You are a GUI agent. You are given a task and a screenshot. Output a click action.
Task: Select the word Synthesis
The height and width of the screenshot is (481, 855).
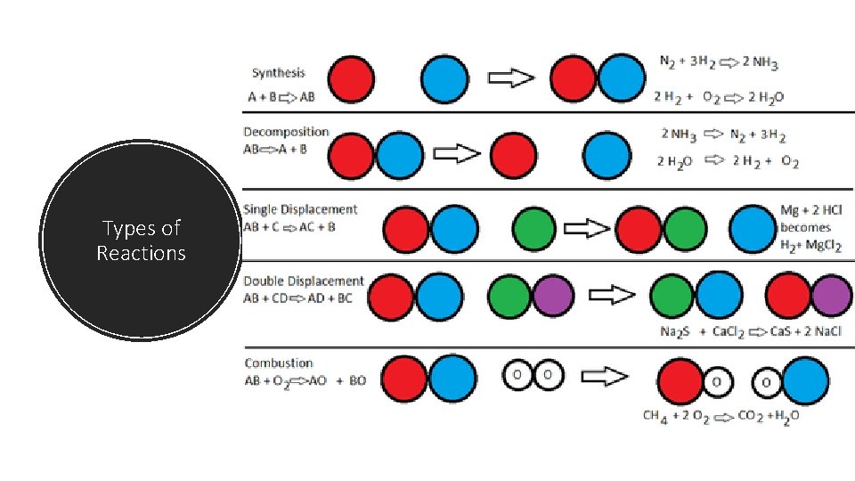(x=278, y=73)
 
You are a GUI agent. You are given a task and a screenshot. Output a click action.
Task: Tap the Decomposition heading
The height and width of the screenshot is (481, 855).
(x=286, y=133)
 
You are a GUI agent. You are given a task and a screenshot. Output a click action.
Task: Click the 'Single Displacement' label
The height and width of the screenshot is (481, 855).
(x=300, y=209)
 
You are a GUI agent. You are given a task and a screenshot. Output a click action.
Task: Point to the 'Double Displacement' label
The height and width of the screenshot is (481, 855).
(x=304, y=281)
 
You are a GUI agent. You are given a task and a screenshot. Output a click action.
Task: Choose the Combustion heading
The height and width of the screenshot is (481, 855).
(x=279, y=363)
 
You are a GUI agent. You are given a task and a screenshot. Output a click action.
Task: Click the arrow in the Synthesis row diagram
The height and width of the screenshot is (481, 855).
(x=514, y=79)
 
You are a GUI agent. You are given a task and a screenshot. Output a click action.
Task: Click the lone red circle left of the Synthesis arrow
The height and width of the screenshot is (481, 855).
(x=352, y=79)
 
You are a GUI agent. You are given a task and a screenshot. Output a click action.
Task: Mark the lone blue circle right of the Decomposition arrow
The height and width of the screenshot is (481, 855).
(x=607, y=154)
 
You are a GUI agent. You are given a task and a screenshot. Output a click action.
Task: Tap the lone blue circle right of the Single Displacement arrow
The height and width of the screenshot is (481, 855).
(x=753, y=228)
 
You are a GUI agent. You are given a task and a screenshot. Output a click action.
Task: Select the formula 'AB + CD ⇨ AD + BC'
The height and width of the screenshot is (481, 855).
(x=297, y=298)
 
